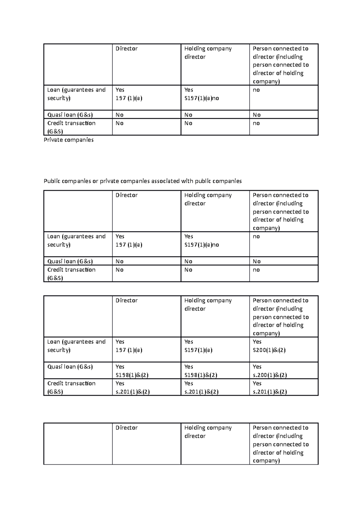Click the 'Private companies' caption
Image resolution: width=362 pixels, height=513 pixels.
coord(68,140)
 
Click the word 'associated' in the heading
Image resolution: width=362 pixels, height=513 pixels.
coord(165,181)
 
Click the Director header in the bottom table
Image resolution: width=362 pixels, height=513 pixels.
coord(126,428)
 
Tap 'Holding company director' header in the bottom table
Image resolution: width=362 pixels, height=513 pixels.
coord(208,432)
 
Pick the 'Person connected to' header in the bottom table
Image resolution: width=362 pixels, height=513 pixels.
coord(281,428)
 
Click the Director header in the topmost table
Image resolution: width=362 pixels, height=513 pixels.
coord(126,49)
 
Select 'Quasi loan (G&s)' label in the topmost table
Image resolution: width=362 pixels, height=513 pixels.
coord(70,115)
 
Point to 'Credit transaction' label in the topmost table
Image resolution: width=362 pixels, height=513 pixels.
coord(71,123)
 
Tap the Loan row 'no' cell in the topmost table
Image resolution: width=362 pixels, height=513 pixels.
coord(256,90)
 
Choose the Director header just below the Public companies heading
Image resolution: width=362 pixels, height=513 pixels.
coord(126,195)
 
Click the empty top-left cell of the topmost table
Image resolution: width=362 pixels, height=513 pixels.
coord(78,64)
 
